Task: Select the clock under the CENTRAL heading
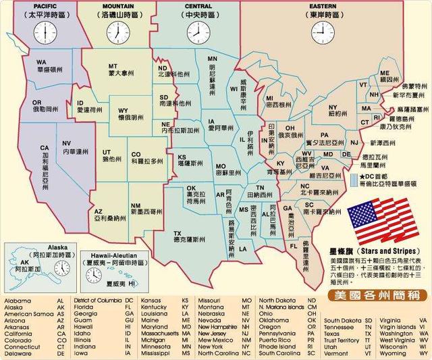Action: tap(197, 32)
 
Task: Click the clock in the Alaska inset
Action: tap(63, 268)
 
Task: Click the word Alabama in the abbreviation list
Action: tap(17, 300)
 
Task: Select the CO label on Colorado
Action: tap(136, 154)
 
